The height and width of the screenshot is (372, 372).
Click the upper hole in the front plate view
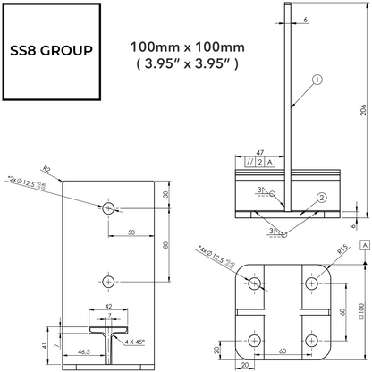[x=109, y=208]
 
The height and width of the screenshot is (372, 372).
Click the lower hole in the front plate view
[x=109, y=281]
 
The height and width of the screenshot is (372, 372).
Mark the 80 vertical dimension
[x=167, y=244]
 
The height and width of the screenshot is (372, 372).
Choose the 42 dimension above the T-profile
[x=109, y=307]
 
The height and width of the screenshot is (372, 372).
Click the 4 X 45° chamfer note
[x=136, y=341]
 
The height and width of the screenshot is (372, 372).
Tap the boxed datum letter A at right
[x=365, y=243]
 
